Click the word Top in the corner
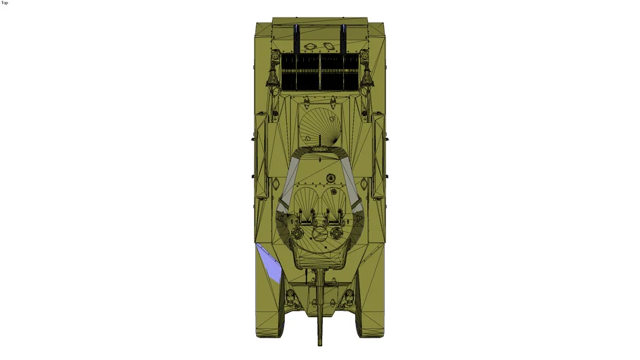4,3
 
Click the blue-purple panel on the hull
270,263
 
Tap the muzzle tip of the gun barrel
320,345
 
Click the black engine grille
320,72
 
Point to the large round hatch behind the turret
320,125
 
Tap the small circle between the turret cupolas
319,234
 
